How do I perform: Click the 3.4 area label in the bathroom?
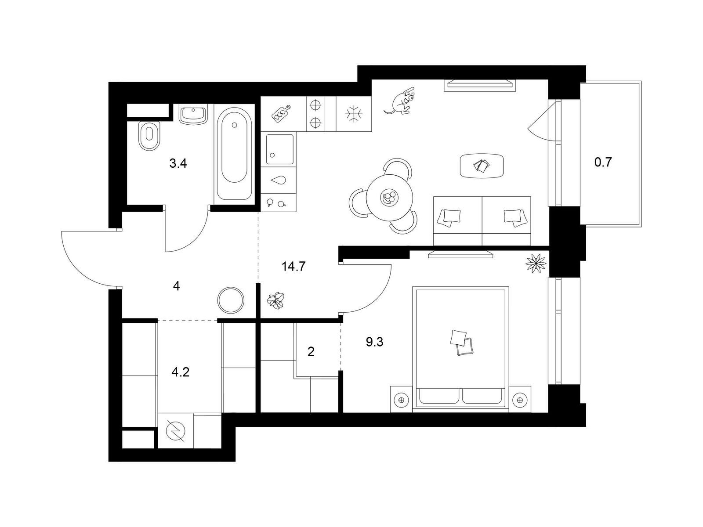tap(178, 164)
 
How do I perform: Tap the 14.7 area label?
tap(294, 266)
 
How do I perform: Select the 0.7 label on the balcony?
tap(603, 162)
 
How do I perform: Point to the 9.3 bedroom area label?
tap(374, 342)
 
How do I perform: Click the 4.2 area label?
tap(180, 372)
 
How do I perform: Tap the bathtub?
tap(234, 154)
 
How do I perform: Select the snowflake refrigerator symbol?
tap(354, 114)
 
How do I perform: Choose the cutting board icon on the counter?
tap(281, 114)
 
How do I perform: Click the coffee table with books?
tap(482, 166)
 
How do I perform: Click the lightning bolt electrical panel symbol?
tap(175, 431)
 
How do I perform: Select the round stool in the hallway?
tap(231, 300)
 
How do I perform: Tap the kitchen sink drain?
tap(272, 155)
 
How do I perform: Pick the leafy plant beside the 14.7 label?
tap(275, 300)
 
